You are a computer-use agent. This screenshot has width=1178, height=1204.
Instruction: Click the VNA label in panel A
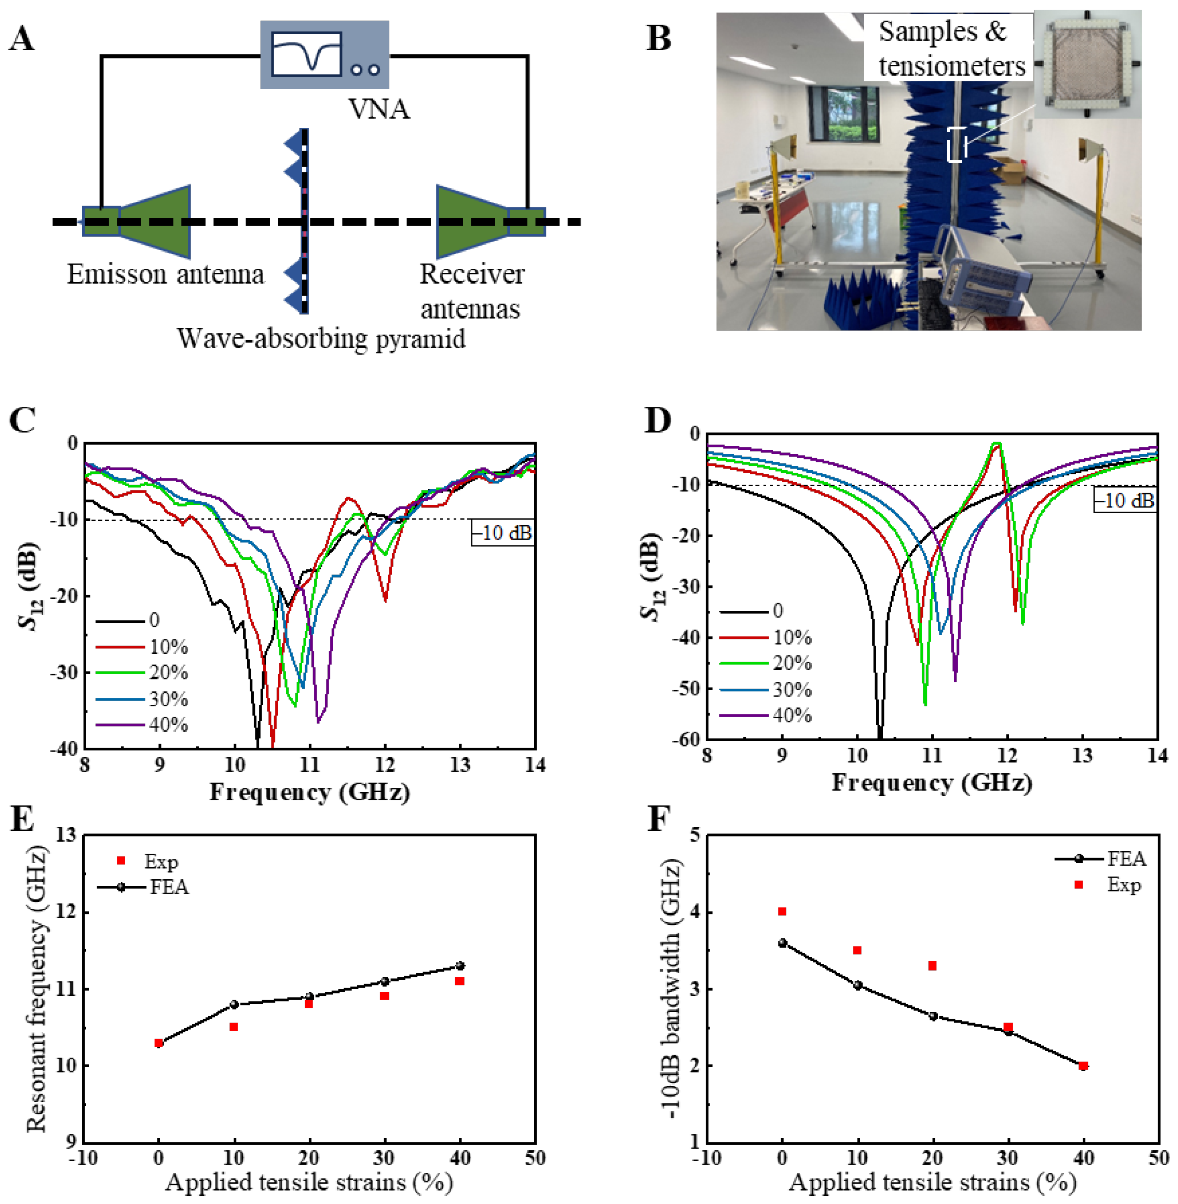[x=379, y=110]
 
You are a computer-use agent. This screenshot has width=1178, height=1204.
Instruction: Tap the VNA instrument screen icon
[x=306, y=55]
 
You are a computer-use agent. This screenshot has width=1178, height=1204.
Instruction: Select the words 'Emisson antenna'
[x=165, y=274]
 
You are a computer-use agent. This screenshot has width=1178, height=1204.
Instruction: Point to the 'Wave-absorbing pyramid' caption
[x=321, y=339]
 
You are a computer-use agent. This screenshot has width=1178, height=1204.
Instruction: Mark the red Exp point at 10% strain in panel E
[x=234, y=1026]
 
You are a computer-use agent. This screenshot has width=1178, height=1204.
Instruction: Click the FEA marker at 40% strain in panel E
[x=460, y=966]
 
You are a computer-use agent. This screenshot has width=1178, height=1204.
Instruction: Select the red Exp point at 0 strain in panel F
[x=782, y=911]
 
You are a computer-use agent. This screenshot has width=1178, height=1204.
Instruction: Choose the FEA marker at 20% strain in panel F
[x=933, y=1016]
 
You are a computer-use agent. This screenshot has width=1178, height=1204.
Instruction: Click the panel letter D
[x=658, y=421]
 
